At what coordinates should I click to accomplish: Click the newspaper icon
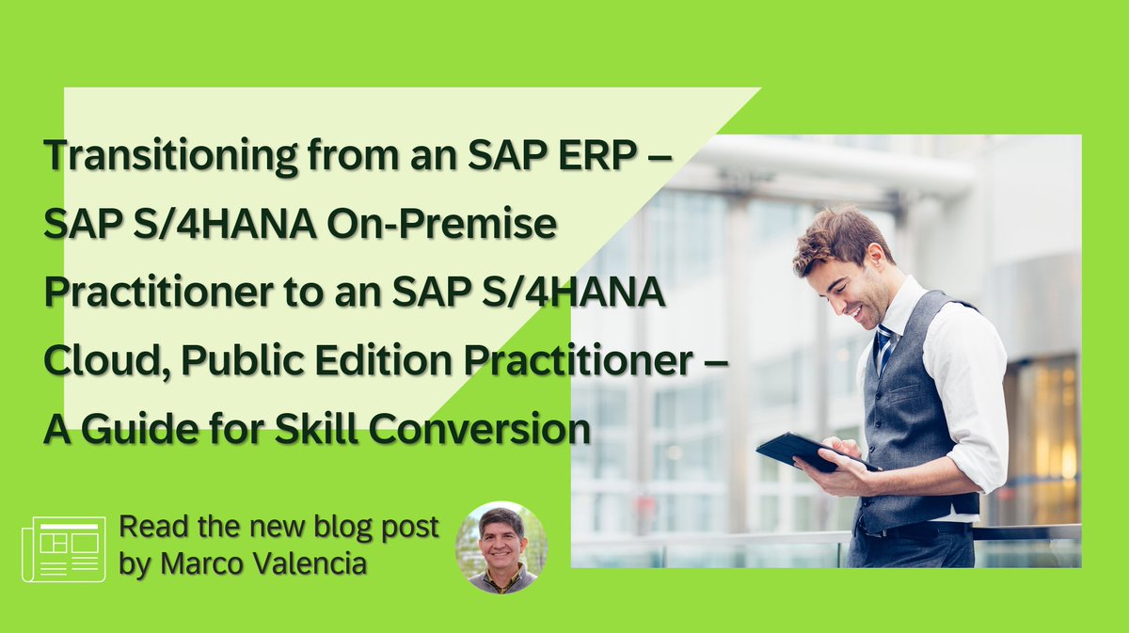(x=63, y=547)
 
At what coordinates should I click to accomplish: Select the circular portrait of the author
(x=501, y=547)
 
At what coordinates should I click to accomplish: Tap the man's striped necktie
(x=883, y=347)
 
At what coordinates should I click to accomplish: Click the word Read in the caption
(x=147, y=529)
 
